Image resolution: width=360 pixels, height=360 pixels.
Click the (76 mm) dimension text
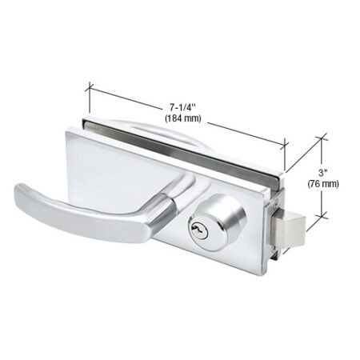click(323, 183)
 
